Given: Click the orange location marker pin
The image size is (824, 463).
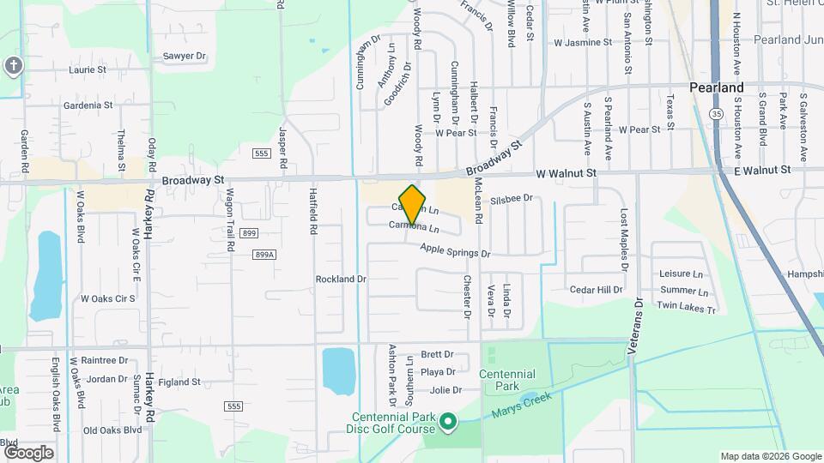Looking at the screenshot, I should (x=413, y=204).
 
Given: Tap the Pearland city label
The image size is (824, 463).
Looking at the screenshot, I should (x=717, y=88).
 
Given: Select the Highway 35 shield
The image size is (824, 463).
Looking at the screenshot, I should (x=717, y=112).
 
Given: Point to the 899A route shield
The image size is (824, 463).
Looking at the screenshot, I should (x=264, y=255).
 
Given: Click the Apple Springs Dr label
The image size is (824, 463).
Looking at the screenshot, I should (x=455, y=252).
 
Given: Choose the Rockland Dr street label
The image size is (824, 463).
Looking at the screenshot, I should (x=341, y=279).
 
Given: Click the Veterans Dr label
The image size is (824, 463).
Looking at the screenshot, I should (x=638, y=329).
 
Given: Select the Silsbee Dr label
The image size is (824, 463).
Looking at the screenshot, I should (x=512, y=199).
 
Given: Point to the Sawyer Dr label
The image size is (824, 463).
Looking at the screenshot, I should (x=185, y=56).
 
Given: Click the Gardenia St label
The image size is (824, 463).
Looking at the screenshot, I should (x=88, y=105).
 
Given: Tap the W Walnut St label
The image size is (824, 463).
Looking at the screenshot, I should (x=566, y=173).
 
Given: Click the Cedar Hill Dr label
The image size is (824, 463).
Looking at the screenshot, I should (x=596, y=290).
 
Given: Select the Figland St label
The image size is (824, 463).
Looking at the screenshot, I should (x=179, y=382).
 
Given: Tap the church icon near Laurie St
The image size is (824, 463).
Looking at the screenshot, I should (x=12, y=65).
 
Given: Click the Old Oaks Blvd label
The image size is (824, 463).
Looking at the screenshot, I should (x=112, y=430).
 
